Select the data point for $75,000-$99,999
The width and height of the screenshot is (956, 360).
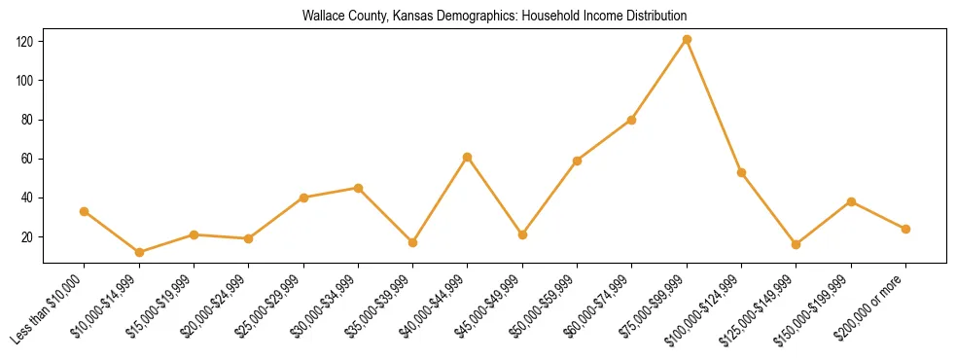click(x=687, y=39)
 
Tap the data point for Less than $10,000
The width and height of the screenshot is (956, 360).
click(x=85, y=211)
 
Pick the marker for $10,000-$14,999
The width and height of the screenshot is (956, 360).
click(x=139, y=252)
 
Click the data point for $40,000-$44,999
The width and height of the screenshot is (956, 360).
click(x=468, y=157)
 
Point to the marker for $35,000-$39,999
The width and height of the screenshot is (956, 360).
click(x=413, y=242)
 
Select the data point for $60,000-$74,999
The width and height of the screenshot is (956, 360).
click(x=632, y=120)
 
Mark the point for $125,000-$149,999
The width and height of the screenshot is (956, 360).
click(x=797, y=244)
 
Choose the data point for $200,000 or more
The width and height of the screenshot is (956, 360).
click(x=905, y=229)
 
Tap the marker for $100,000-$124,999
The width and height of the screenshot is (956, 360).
click(x=742, y=172)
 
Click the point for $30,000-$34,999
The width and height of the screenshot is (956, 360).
click(x=359, y=188)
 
